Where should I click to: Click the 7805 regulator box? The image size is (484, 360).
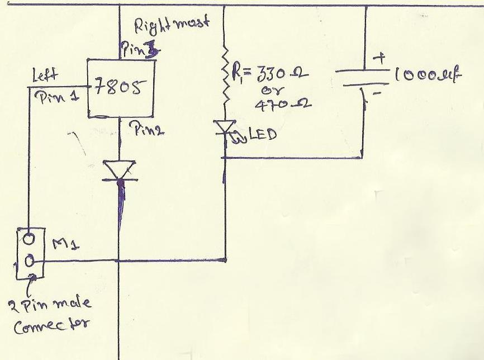(121, 88)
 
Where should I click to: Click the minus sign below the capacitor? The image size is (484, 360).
(376, 94)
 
